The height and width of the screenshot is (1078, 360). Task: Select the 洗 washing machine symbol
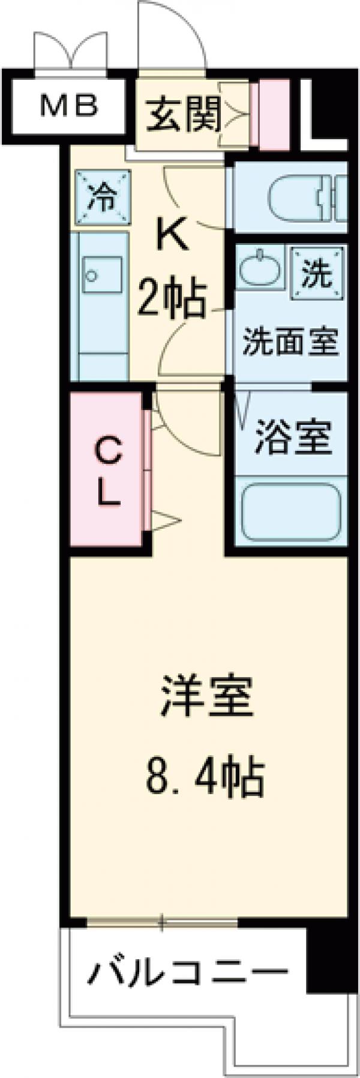point(316,274)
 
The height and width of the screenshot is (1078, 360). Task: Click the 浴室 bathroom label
point(293,437)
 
